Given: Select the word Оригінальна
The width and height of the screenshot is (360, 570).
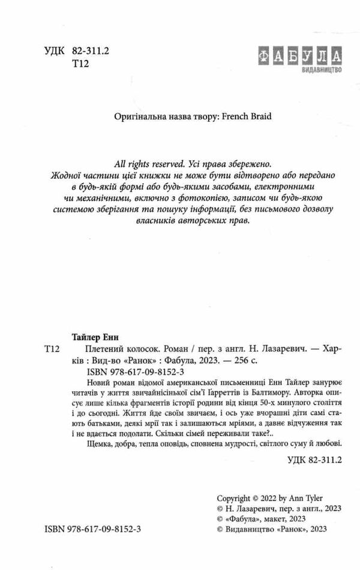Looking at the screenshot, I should click(x=139, y=118).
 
